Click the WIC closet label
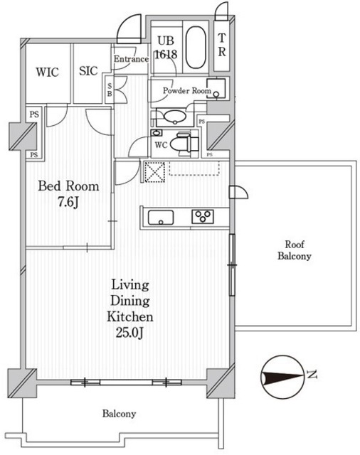[48, 72]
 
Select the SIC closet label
[88, 71]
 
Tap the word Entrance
[131, 59]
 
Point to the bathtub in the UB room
[196, 48]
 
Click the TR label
[222, 45]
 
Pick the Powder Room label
[187, 90]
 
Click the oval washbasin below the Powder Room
[174, 117]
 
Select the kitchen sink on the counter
[161, 218]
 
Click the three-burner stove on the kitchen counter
[203, 217]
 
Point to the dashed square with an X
[154, 172]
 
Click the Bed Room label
[68, 186]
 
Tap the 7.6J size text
[68, 202]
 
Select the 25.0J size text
[129, 333]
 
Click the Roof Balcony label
[295, 250]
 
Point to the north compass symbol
[282, 377]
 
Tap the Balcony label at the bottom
[119, 414]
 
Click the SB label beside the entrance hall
[110, 90]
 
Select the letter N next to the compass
[312, 375]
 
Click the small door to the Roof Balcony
[238, 192]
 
